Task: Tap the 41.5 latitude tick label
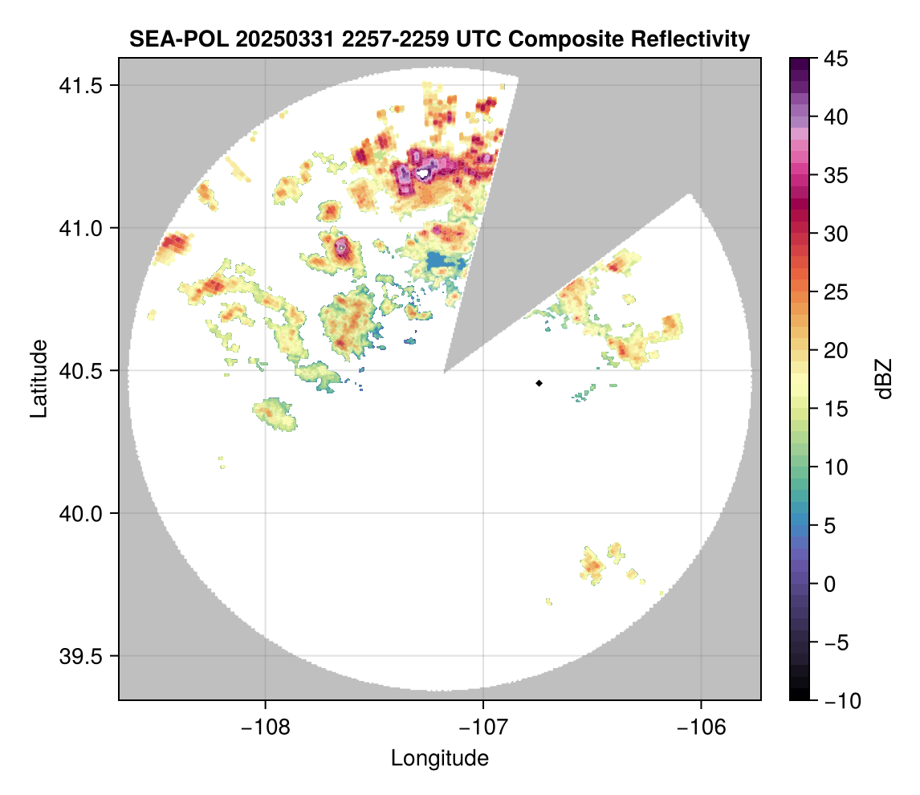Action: [x=83, y=85]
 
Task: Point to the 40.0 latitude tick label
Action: [x=83, y=513]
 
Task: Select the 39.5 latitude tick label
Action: [x=83, y=655]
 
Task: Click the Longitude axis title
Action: [x=439, y=757]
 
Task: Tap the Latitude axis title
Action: [x=39, y=378]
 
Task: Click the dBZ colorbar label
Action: [x=884, y=379]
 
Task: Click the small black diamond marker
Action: [x=539, y=383]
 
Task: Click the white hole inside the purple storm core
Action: [x=423, y=173]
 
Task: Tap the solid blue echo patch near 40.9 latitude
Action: [x=444, y=261]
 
